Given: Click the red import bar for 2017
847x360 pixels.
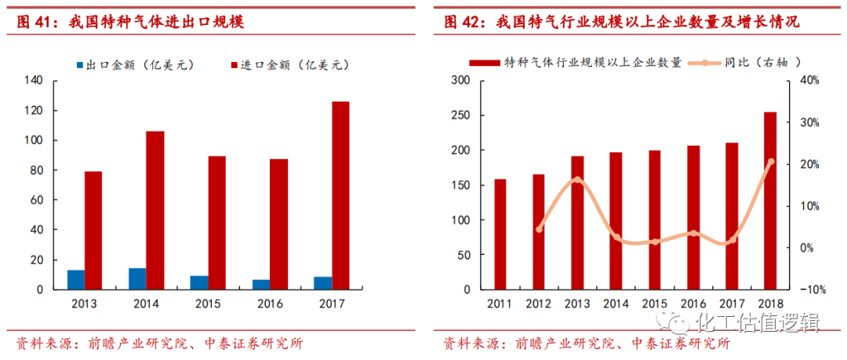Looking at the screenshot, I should (340, 195).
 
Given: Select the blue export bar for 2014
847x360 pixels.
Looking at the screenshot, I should (137, 278).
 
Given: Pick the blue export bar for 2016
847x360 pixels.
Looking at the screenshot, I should (261, 284).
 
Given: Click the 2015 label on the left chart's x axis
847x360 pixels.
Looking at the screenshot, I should (208, 304).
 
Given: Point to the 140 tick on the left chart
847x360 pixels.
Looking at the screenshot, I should (34, 80).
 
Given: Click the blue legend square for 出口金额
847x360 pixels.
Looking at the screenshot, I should (79, 65).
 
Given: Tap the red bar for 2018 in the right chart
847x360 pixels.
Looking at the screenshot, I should (770, 201).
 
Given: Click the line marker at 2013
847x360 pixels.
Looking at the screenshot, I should (577, 180).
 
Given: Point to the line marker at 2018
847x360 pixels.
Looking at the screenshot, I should (770, 162).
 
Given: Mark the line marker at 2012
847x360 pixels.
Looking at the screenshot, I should (539, 229).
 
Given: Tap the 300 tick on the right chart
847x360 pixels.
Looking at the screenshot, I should (460, 80).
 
